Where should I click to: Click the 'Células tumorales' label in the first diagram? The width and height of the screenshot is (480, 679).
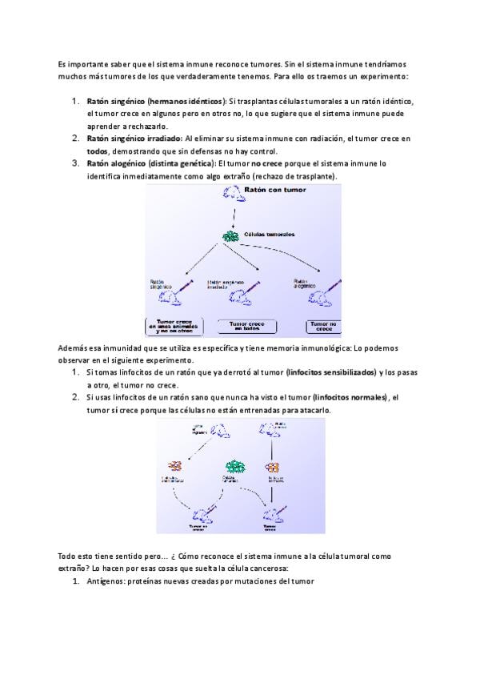(269, 235)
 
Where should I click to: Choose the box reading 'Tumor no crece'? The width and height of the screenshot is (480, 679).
(324, 326)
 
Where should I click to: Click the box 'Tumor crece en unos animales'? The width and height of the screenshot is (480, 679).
(174, 326)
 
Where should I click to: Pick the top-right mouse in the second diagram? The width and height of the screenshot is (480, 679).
(267, 429)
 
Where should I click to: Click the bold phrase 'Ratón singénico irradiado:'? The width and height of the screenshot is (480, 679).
(134, 139)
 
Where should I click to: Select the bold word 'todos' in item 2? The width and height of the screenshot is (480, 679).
(97, 151)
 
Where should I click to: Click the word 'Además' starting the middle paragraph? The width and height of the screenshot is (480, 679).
(72, 349)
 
